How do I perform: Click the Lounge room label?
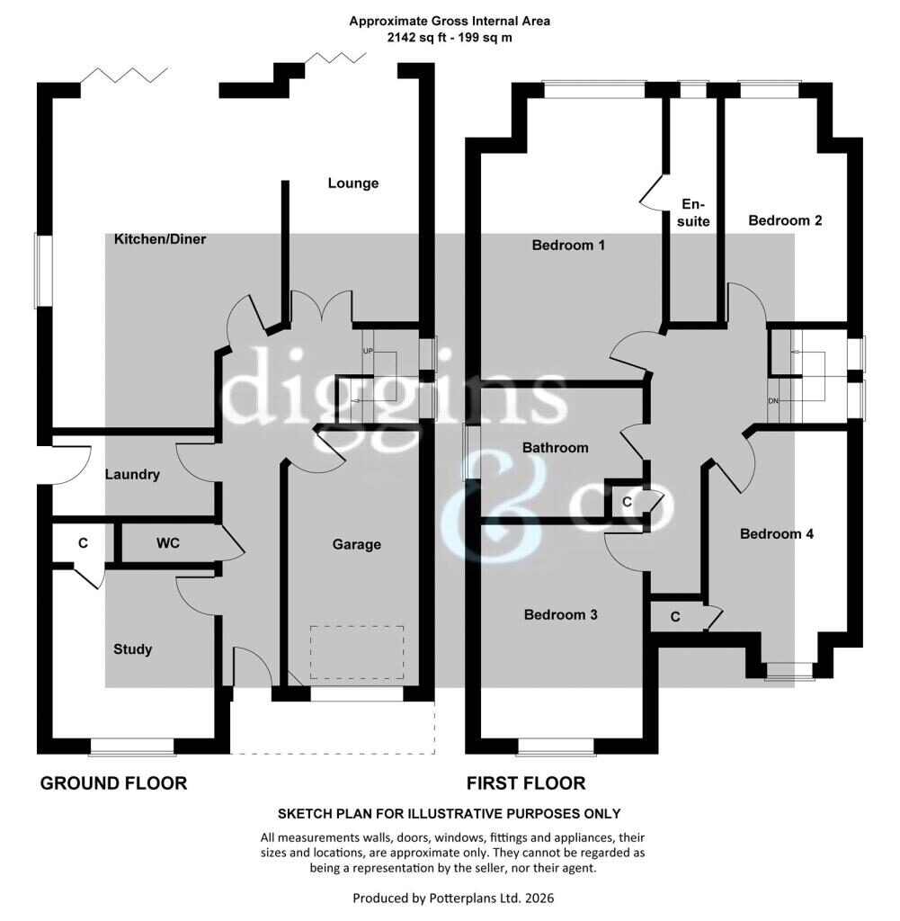(352, 183)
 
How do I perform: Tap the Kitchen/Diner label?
(160, 239)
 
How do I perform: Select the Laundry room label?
(132, 475)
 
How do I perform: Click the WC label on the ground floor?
(168, 543)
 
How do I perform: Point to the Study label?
(133, 649)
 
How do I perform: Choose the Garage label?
(356, 544)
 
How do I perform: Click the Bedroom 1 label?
(568, 245)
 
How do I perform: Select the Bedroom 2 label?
(785, 220)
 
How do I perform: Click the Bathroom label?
(555, 448)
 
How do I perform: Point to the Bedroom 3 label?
(561, 614)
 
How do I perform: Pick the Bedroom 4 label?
(776, 534)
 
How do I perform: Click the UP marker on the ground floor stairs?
(368, 352)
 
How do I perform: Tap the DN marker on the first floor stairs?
(773, 401)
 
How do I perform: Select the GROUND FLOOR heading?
(113, 783)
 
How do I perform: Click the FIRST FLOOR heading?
(526, 783)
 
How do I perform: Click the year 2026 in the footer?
(539, 899)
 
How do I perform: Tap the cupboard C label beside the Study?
(83, 543)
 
